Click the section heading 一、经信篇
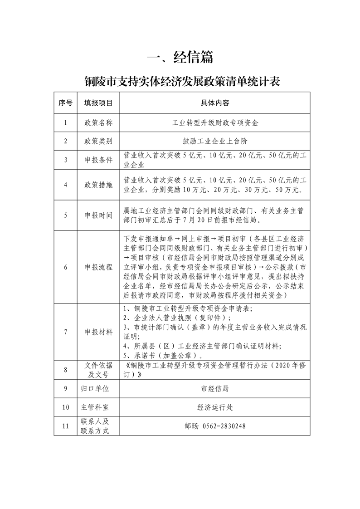coord(180,58)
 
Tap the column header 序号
coord(65,103)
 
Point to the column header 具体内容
coord(215,103)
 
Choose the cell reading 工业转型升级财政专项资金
coord(215,123)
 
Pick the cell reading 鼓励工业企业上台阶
coord(215,141)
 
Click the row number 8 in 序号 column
coord(65,370)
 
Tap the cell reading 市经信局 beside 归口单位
coord(215,389)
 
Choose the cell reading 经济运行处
coord(215,407)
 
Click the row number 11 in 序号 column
coord(65,426)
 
